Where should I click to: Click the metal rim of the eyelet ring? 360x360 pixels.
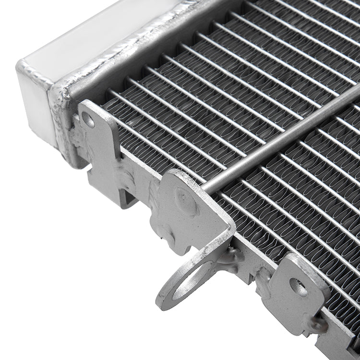(x=166, y=298)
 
